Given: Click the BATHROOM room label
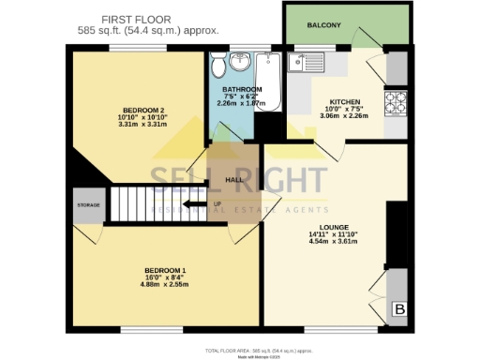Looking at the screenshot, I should pyautogui.click(x=242, y=91).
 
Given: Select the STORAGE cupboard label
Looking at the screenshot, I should pyautogui.click(x=89, y=205).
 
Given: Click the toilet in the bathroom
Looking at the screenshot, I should pyautogui.click(x=217, y=65).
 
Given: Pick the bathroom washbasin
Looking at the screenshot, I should pyautogui.click(x=241, y=63).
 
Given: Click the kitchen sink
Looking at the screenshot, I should pyautogui.click(x=309, y=63).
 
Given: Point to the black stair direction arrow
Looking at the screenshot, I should pyautogui.click(x=194, y=204).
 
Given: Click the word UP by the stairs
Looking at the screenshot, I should pyautogui.click(x=218, y=204).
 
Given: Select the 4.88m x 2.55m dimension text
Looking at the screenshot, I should pyautogui.click(x=164, y=285).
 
